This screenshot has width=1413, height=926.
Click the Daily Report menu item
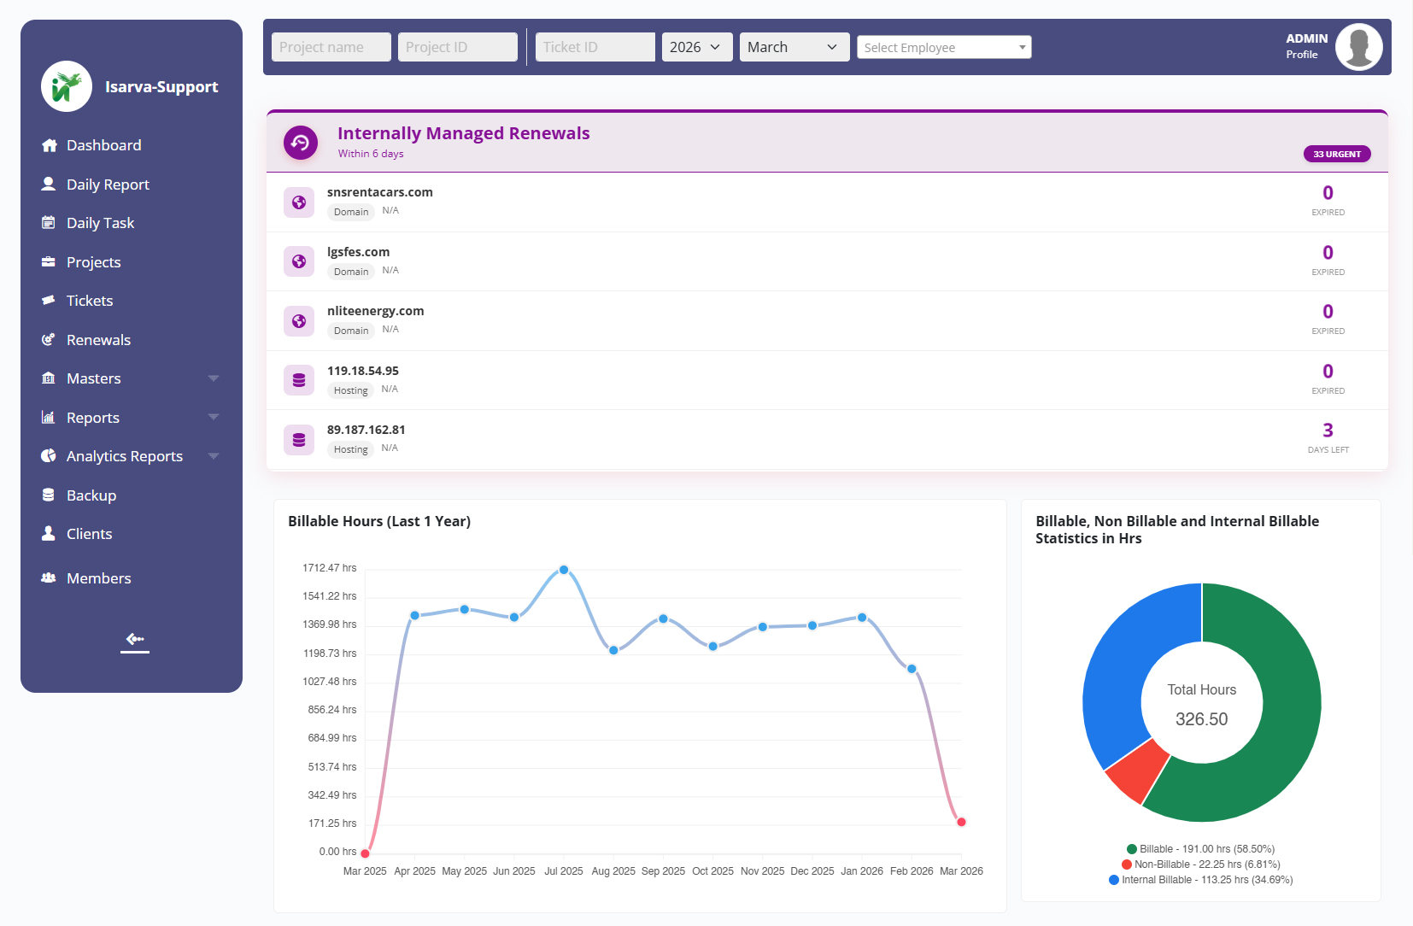click(108, 185)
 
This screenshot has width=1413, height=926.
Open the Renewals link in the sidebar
click(98, 340)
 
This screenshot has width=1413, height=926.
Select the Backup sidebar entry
click(91, 495)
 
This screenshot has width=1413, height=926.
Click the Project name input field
click(331, 47)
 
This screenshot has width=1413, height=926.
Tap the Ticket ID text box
click(595, 47)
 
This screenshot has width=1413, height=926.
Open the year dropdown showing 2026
click(696, 47)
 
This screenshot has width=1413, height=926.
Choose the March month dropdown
click(794, 47)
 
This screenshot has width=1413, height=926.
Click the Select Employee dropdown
click(944, 48)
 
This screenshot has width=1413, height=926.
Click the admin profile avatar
click(1358, 47)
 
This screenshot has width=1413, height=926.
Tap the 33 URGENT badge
click(1337, 155)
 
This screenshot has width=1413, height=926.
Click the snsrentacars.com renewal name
click(380, 192)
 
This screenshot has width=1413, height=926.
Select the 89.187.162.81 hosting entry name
click(366, 430)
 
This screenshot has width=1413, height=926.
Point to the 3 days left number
click(1328, 431)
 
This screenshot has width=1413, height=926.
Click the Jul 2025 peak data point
click(564, 570)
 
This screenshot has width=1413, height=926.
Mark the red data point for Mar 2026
click(961, 822)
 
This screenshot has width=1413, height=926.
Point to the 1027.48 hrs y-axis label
click(329, 682)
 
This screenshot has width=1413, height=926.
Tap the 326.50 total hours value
click(1201, 719)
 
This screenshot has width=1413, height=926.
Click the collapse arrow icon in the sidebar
click(135, 639)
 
